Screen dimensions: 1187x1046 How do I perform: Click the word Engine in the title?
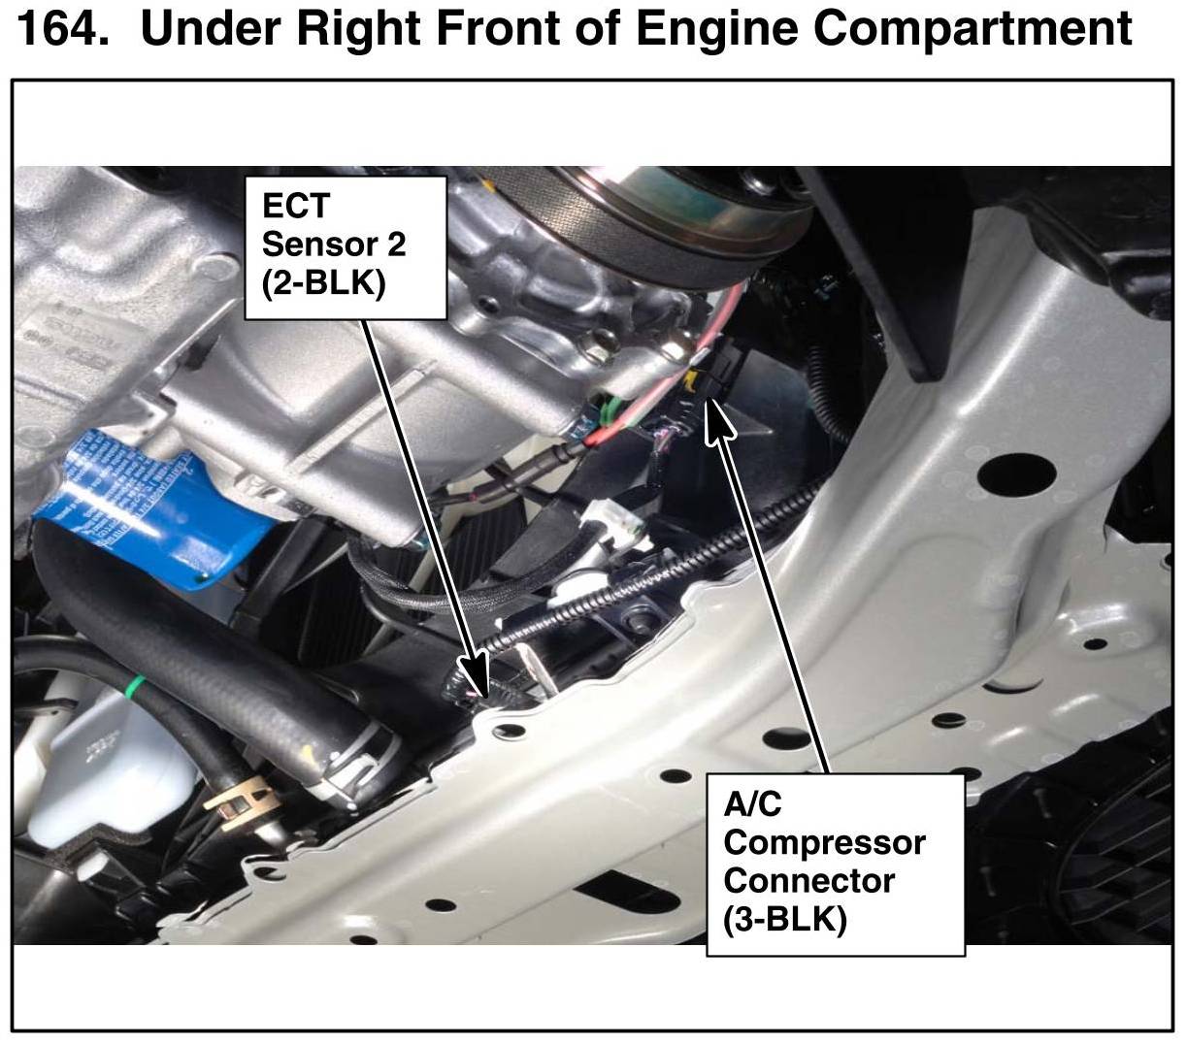click(x=716, y=30)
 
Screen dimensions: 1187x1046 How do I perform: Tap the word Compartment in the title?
click(x=972, y=30)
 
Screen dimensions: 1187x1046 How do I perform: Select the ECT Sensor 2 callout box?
click(x=346, y=247)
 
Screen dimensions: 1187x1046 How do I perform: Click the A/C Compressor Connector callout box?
click(x=836, y=865)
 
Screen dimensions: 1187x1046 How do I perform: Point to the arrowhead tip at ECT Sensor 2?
click(x=485, y=697)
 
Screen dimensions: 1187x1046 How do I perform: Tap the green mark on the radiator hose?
click(x=138, y=683)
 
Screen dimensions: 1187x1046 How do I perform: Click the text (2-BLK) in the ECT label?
click(x=323, y=284)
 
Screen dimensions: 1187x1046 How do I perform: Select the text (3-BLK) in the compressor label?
click(x=785, y=920)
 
